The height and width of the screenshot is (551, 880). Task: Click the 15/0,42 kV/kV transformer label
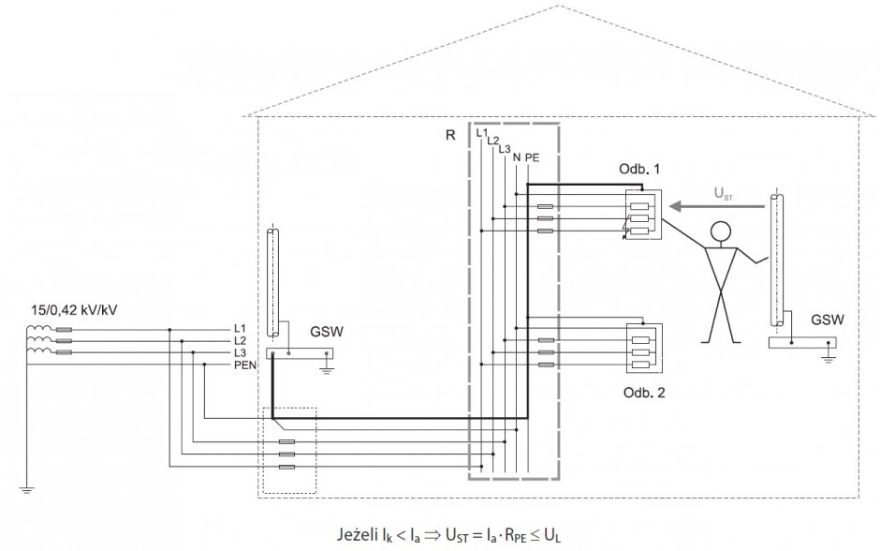[74, 310]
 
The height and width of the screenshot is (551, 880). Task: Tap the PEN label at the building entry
[245, 365]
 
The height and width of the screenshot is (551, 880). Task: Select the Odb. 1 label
[639, 169]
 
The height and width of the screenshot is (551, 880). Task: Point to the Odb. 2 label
[644, 392]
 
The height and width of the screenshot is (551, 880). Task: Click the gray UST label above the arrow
[723, 193]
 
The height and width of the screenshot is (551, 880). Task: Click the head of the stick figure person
[721, 231]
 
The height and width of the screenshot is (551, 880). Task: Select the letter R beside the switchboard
[450, 135]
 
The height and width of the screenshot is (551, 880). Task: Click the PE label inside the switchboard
[532, 157]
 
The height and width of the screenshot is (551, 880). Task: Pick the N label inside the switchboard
[517, 157]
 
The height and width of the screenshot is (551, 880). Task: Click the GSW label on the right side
[828, 320]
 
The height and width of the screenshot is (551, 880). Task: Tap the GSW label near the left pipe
[327, 332]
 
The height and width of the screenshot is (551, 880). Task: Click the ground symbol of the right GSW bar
[829, 358]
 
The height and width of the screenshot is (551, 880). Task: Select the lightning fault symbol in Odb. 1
[624, 231]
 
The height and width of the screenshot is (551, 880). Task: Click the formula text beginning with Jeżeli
[448, 534]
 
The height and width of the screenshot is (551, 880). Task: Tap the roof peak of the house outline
[558, 6]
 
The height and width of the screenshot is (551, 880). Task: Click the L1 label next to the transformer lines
[241, 329]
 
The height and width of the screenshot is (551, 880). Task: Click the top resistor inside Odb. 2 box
[640, 340]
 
